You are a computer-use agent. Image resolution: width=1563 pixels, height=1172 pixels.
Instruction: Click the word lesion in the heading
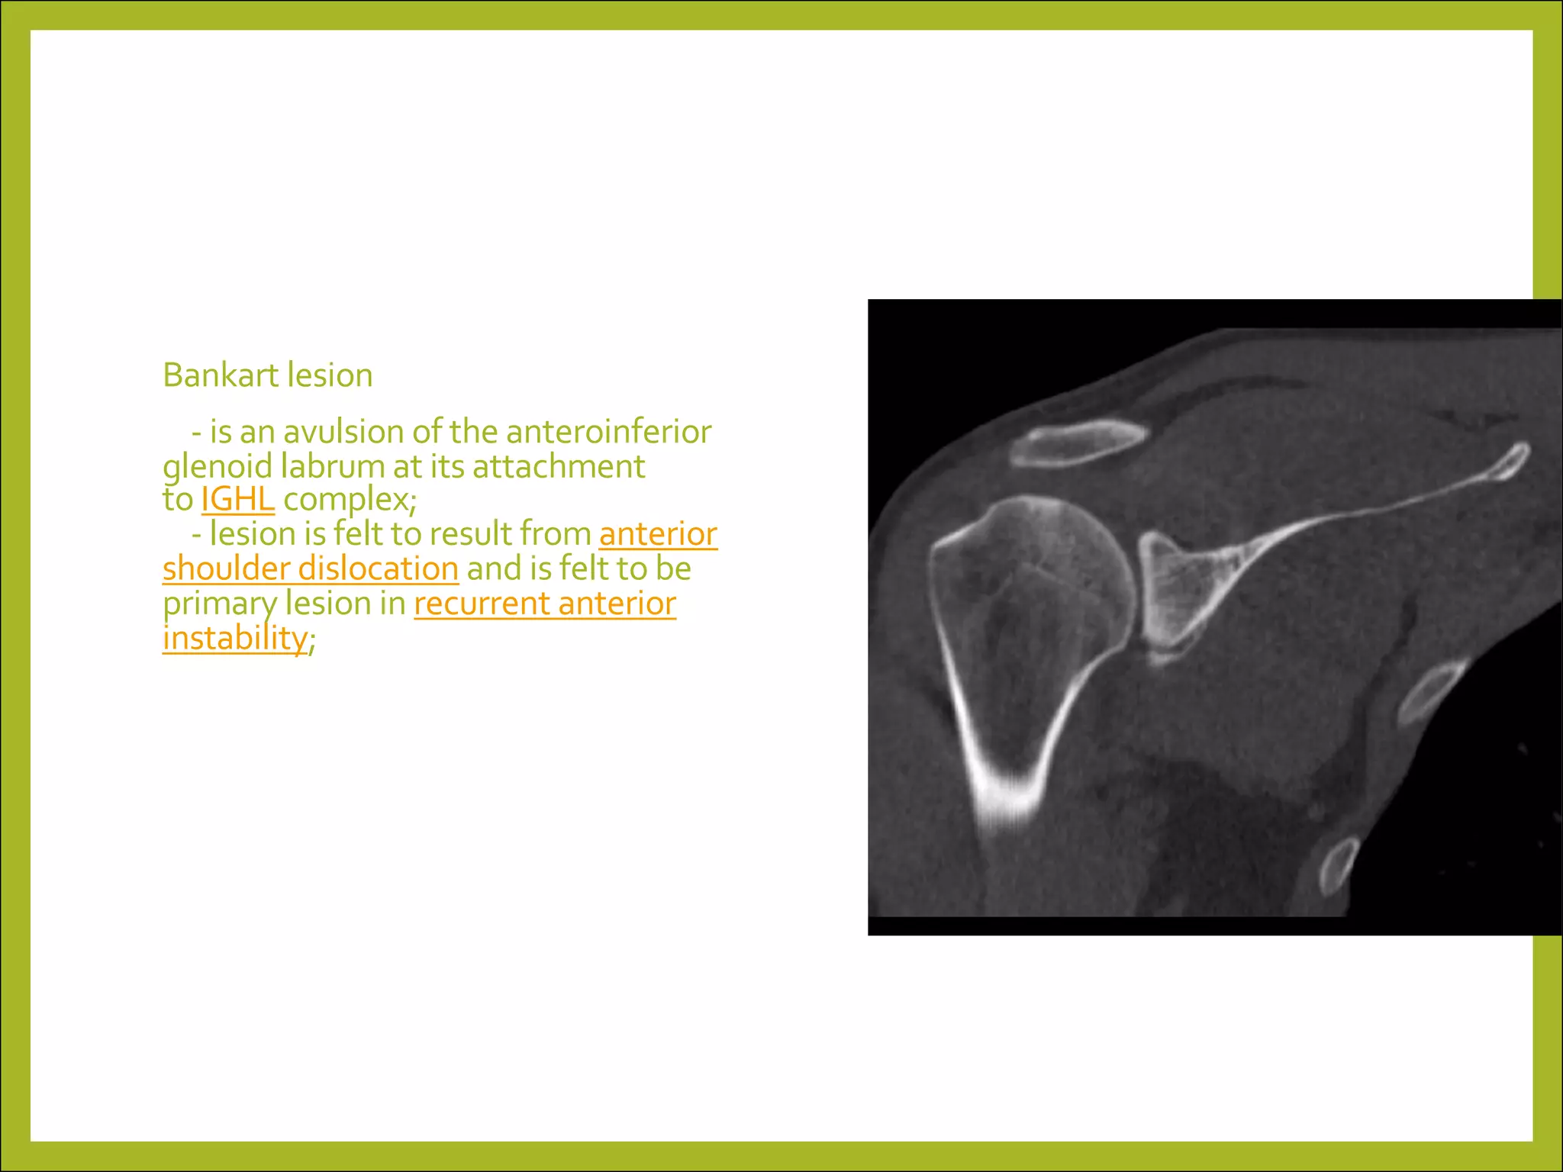point(330,375)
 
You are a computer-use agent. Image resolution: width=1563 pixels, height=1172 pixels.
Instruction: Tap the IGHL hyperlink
point(237,500)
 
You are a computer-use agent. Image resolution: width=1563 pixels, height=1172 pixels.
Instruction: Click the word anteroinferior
point(608,432)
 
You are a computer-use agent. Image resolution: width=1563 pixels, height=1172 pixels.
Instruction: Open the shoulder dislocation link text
point(311,569)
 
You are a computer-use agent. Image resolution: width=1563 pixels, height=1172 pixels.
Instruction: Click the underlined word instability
point(235,639)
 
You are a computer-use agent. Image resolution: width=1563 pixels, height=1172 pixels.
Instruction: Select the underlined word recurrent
point(482,604)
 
